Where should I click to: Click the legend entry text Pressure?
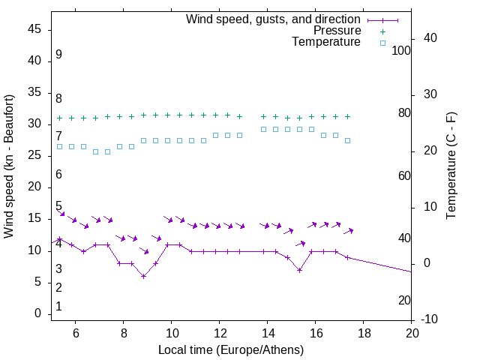pos(337,31)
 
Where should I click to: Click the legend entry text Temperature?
pos(326,43)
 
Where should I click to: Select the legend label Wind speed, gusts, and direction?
pos(274,19)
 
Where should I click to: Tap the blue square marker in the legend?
pos(382,43)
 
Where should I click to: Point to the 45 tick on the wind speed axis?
pos(34,29)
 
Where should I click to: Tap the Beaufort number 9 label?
pos(58,55)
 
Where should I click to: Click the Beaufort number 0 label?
pos(58,306)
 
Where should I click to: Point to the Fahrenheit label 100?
pos(401,50)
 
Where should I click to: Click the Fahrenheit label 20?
pos(404,300)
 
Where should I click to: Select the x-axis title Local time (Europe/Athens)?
pos(231,349)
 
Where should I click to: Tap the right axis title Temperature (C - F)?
pos(451,166)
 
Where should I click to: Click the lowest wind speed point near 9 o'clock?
pos(143,276)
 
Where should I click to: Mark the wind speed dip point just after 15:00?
pos(299,270)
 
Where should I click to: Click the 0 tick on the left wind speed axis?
pos(37,313)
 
